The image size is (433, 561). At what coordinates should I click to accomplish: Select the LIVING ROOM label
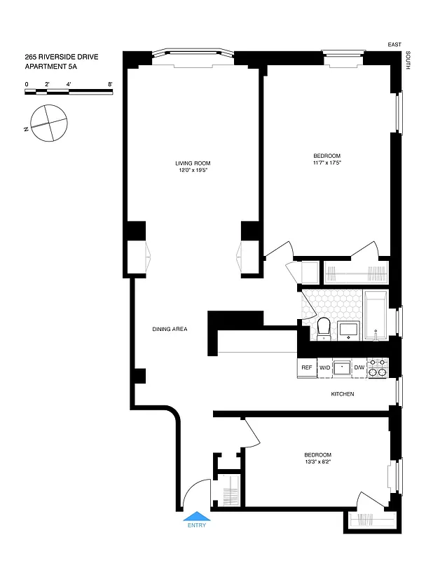193,163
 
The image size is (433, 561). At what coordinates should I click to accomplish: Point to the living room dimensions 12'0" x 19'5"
193,170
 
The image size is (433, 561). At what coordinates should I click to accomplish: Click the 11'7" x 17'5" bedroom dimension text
327,163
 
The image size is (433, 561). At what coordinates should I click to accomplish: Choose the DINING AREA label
170,329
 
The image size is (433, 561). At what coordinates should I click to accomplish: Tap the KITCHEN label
343,394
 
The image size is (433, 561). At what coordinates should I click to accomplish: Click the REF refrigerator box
307,367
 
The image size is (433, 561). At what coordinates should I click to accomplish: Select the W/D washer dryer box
325,367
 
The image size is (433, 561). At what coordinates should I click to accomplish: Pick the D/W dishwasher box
359,367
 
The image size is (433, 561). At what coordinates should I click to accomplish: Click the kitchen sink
342,367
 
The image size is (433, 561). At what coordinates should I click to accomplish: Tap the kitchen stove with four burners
378,367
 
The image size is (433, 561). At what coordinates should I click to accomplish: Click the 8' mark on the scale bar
111,84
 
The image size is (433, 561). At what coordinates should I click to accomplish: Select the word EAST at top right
394,45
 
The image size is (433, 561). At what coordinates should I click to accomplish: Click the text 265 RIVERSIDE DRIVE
58,58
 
